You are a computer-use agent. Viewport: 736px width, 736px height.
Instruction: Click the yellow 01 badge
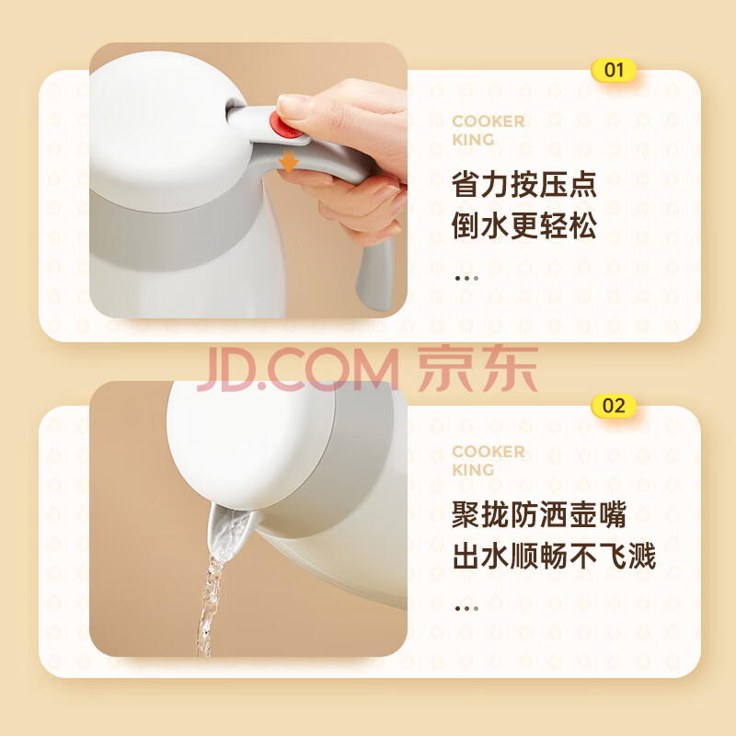(x=614, y=71)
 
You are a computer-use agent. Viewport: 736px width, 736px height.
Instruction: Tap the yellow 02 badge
(x=614, y=406)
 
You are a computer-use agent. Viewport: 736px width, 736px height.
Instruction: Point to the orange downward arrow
(x=288, y=161)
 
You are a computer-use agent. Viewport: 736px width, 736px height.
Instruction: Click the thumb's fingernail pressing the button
(x=292, y=106)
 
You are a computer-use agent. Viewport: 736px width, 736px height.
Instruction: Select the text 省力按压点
(x=523, y=185)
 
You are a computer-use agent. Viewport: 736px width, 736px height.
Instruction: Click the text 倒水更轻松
(x=523, y=225)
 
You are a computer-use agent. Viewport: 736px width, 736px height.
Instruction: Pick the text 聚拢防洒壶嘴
(x=539, y=514)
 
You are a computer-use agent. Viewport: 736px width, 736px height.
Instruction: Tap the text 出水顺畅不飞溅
(x=554, y=556)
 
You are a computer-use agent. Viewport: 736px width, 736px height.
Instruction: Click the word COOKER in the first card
(x=489, y=121)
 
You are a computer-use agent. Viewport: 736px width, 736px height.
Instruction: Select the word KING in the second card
(x=473, y=470)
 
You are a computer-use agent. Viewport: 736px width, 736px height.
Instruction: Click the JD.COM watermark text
(x=297, y=370)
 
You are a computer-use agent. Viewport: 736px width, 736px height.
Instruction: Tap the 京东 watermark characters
(x=477, y=368)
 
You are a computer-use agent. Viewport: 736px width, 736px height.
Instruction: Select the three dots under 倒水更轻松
(x=466, y=279)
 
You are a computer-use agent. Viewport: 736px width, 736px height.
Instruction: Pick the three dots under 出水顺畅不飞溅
(x=466, y=609)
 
